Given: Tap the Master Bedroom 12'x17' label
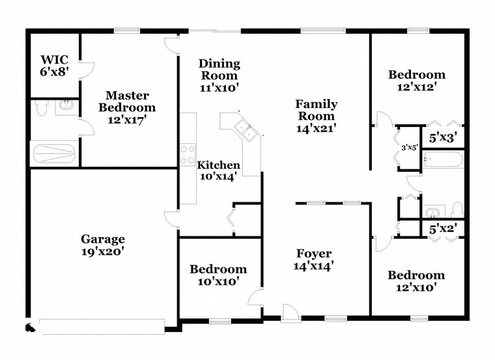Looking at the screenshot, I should [131, 107].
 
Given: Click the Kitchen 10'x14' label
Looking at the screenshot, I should [219, 170].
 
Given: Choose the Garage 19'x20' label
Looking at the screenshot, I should [103, 244].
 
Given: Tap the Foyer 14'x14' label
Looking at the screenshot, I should [313, 259].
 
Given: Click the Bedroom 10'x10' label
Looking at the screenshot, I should [218, 275].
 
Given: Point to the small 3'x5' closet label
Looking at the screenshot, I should [409, 148].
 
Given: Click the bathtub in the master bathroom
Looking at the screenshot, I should [54, 153].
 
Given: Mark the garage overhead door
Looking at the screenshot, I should [104, 324].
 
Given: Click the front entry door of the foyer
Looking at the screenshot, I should [290, 314].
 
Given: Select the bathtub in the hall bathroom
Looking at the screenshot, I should [443, 159].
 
